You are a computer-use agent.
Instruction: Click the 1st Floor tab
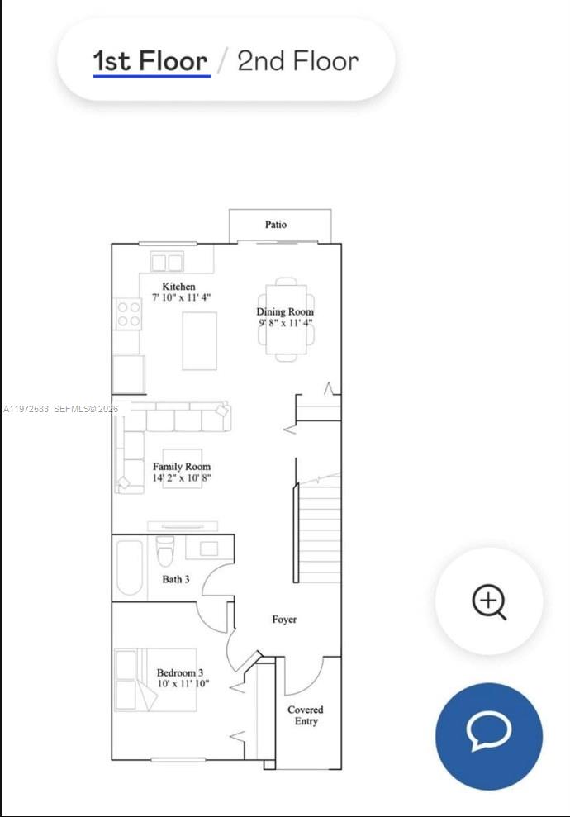pos(150,61)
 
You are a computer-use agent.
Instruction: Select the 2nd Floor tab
pos(297,61)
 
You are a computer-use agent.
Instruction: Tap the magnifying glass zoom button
pos(488,601)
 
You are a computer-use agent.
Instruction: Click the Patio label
pos(276,225)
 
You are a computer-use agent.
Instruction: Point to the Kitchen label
pos(178,287)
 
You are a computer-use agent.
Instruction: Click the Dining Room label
pos(285,312)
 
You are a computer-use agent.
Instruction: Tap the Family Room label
pos(182,467)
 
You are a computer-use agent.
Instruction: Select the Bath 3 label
pos(175,579)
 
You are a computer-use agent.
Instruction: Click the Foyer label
pos(284,620)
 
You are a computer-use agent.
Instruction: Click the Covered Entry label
pos(305,715)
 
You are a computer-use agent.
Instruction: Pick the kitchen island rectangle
pos(199,340)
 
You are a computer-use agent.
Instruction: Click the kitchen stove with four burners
pos(128,314)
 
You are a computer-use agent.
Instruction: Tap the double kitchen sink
pos(167,263)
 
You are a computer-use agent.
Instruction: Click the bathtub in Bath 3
pos(130,568)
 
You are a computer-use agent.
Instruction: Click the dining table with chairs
pos(286,319)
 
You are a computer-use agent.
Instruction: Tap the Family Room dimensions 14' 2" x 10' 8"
pos(182,478)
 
